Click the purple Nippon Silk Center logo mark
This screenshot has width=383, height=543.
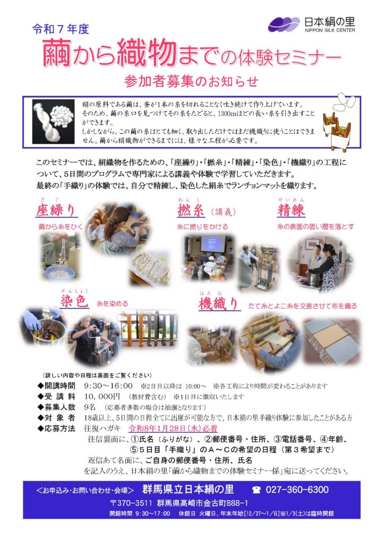coord(284,24)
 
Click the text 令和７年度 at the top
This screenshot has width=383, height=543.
coord(61,29)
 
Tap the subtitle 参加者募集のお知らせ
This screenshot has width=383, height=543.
coord(191,81)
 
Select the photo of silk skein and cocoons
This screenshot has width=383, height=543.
coord(54,121)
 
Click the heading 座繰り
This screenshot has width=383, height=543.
coord(55,210)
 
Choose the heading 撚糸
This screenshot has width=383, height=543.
coord(190,211)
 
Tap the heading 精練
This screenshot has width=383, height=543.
coord(291,210)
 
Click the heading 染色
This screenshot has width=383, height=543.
coord(74,301)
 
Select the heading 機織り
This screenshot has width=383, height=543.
coord(219,303)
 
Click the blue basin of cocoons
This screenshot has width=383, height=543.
coord(60,273)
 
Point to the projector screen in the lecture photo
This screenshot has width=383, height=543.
coord(213,243)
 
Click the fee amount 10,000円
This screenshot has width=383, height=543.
coord(102,396)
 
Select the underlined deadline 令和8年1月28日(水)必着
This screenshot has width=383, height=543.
coord(173,428)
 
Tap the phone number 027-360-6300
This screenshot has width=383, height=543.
coord(297,489)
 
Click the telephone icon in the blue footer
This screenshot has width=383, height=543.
coord(256,489)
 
